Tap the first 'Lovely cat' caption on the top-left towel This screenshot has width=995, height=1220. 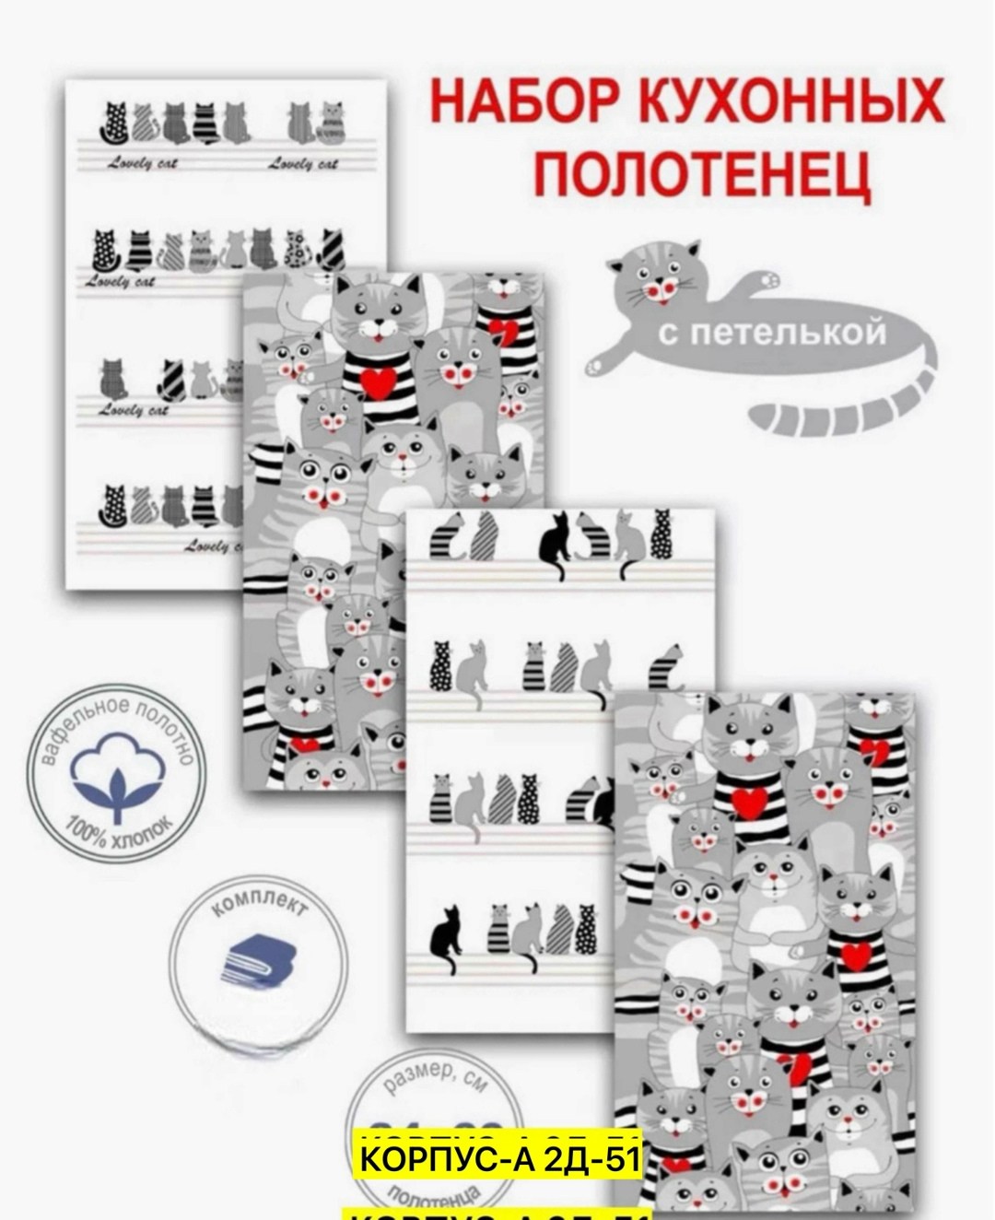[x=142, y=163]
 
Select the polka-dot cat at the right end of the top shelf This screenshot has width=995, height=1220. [x=661, y=534]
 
